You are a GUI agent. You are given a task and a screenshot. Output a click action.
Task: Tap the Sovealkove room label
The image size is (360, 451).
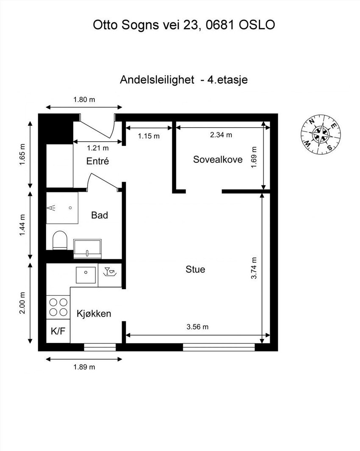(x=218, y=159)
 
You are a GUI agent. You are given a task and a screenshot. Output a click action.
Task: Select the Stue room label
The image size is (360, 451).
(x=195, y=269)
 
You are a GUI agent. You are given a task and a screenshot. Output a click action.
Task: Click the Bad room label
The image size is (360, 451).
(x=100, y=215)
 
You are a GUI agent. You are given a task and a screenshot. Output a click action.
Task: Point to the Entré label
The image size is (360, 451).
(x=98, y=161)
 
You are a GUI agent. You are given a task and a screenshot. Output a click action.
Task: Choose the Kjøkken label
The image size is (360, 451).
(x=94, y=314)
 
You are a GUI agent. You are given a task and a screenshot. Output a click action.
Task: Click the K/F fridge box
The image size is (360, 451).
(x=58, y=331)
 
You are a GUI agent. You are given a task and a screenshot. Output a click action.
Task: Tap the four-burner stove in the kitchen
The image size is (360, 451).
(x=58, y=307)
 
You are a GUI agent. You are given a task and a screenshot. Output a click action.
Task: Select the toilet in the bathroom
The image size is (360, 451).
(x=59, y=240)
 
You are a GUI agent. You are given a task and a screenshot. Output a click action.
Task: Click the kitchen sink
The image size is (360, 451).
(x=87, y=275)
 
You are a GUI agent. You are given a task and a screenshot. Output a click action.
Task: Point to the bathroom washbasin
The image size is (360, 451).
(x=87, y=248)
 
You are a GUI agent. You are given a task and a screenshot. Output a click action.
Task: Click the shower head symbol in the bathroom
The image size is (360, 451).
(x=52, y=208)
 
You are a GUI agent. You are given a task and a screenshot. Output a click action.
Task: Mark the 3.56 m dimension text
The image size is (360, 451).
(x=197, y=327)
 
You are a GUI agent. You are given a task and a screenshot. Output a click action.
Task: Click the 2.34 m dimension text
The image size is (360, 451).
(x=221, y=135)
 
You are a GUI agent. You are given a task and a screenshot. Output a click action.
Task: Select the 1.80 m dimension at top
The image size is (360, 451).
(x=84, y=100)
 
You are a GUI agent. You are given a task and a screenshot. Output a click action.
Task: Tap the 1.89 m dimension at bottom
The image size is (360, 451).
(x=84, y=367)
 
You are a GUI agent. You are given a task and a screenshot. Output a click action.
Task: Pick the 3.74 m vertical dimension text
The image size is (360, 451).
(x=254, y=268)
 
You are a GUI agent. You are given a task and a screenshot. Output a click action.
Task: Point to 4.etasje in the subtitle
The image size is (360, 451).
(x=227, y=80)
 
